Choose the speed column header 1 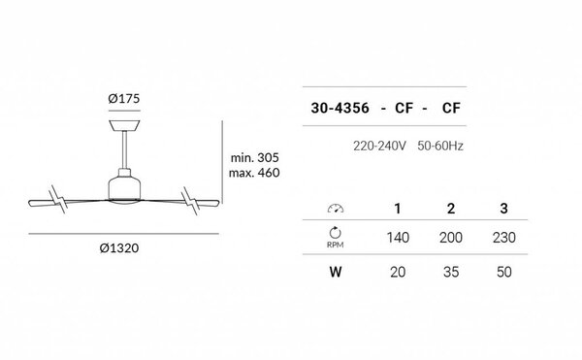coord(396,209)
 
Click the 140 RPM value coord(396,237)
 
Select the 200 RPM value coord(451,237)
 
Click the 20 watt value coord(396,272)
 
